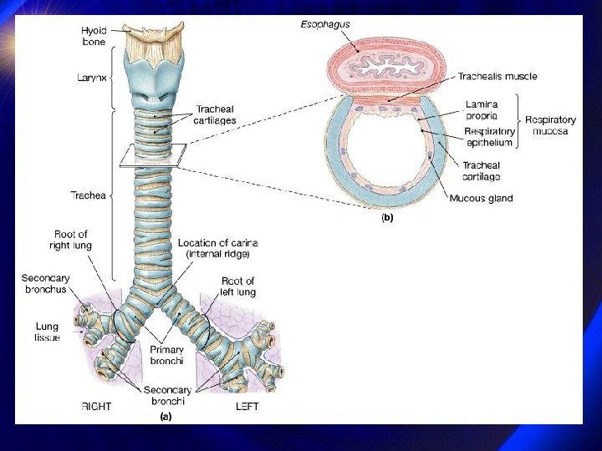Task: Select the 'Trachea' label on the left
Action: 87,195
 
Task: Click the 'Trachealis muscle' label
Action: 497,76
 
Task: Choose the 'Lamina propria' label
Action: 482,110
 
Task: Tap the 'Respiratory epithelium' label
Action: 488,138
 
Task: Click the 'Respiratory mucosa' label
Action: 550,126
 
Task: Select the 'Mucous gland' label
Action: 481,198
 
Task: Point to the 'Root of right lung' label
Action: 70,240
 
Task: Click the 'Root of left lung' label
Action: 238,286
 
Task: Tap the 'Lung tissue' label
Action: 47,332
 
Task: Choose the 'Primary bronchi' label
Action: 167,355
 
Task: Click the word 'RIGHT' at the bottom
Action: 96,407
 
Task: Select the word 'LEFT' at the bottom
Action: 247,407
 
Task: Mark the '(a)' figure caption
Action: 166,417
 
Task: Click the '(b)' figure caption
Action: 387,217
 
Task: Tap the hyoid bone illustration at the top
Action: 152,33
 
